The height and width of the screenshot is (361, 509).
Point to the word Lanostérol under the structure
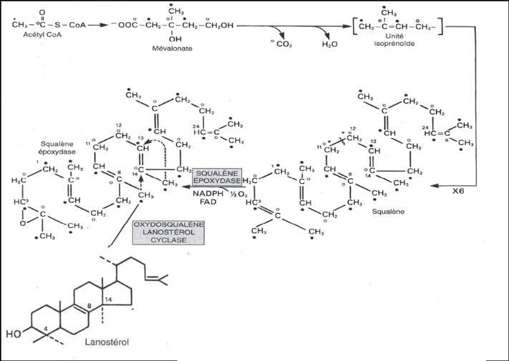pos(105,343)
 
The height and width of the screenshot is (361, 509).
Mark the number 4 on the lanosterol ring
pos(45,328)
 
